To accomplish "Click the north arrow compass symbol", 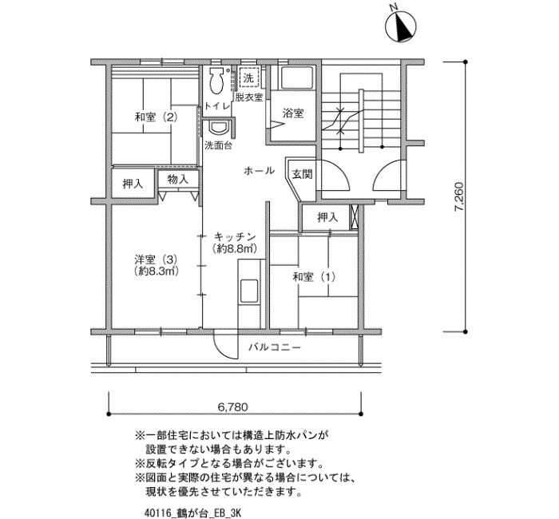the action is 401,26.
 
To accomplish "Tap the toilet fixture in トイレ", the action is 216,81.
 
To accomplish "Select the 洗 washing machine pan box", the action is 248,77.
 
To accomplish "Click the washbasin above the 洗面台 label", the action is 218,128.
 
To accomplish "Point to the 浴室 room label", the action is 293,113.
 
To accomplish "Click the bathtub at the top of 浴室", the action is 296,77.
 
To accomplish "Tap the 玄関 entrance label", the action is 303,174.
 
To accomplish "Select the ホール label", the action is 260,171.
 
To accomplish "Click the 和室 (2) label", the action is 157,117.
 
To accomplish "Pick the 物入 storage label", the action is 177,180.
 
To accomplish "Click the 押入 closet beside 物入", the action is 133,184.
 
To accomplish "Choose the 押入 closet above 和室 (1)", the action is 327,217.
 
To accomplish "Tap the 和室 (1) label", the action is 314,277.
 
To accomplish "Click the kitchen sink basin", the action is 249,291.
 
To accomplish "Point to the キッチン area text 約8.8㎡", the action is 234,248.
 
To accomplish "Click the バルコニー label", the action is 275,347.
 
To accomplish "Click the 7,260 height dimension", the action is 459,197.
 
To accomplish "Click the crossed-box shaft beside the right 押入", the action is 355,217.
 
